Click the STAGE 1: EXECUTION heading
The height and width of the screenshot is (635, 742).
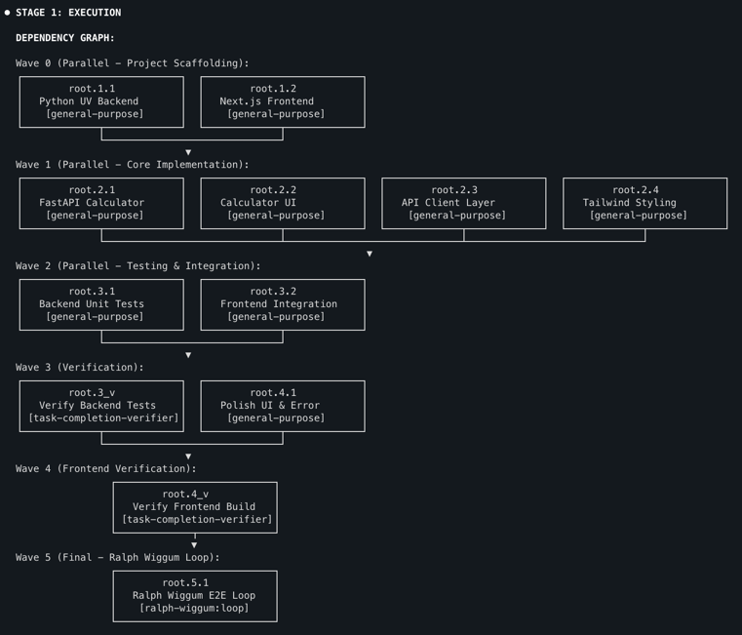coord(68,13)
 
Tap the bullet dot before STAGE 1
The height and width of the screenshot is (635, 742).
coord(7,13)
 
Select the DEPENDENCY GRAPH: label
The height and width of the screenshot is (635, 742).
coord(65,38)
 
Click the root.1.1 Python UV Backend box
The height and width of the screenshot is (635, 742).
coord(101,101)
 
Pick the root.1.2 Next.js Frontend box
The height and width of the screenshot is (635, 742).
coord(283,101)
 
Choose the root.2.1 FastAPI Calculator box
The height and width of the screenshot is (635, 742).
coord(101,203)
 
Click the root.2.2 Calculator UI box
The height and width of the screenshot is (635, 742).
coord(283,203)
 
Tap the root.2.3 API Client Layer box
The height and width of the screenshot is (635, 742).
coord(463,203)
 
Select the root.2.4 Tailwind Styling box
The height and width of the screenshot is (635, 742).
coord(644,203)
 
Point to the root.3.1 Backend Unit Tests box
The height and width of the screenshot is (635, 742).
coord(101,304)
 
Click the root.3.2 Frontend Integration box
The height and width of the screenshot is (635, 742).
coord(283,304)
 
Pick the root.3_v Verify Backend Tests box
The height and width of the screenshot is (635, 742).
coord(101,406)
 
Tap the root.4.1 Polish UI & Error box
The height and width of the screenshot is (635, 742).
coord(283,406)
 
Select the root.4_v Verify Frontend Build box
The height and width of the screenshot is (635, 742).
coord(195,507)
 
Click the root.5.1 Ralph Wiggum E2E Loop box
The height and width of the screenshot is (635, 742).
coord(195,596)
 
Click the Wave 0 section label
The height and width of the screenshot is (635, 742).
coord(132,63)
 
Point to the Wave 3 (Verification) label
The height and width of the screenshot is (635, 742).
coord(80,368)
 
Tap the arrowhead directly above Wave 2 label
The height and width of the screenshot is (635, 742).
coord(369,254)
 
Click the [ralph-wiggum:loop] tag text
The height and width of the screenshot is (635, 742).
coord(195,609)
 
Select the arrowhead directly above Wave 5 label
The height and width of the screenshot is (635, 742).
coord(195,545)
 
